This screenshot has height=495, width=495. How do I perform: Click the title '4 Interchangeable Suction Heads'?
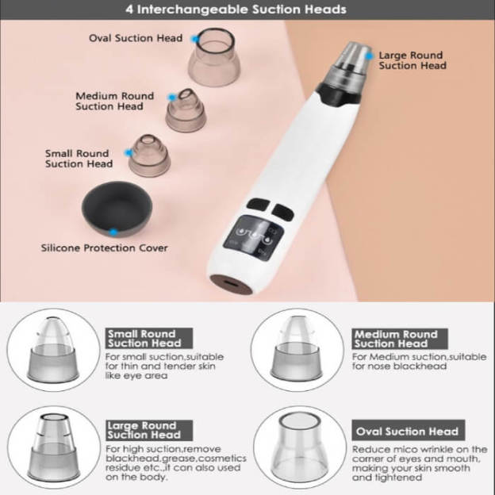[236, 10]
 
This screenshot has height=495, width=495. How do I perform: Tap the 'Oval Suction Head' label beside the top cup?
[136, 38]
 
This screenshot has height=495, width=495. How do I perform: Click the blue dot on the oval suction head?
[195, 39]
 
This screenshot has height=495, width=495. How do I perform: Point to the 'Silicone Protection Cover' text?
[104, 247]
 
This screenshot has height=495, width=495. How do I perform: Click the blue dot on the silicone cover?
[113, 232]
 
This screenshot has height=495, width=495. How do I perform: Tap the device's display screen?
[253, 237]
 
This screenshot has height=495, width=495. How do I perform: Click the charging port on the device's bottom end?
[232, 284]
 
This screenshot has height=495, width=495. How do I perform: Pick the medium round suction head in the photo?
[186, 109]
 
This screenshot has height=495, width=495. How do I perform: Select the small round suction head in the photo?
[149, 155]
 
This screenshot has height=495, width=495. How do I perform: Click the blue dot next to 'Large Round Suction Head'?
[370, 56]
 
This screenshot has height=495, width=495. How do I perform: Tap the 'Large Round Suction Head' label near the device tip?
[412, 60]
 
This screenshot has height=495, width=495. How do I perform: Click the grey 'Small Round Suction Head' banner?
[149, 339]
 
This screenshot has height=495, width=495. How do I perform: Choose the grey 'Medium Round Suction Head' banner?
[400, 339]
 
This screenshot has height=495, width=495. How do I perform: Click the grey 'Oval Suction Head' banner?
[409, 430]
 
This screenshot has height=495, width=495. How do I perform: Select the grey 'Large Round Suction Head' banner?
[149, 430]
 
